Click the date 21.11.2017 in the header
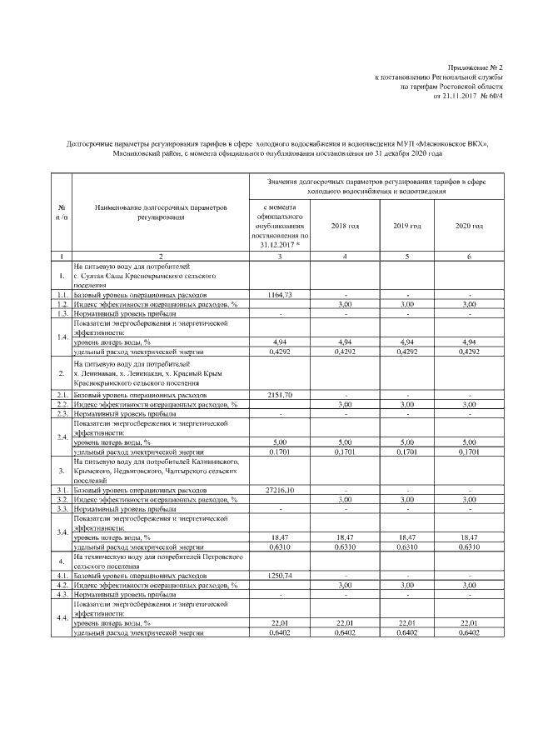click(x=454, y=96)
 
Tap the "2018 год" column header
click(x=344, y=226)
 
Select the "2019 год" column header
click(x=407, y=226)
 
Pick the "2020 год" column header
click(x=470, y=226)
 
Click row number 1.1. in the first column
click(x=62, y=295)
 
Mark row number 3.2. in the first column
click(x=62, y=499)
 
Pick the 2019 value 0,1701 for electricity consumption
click(x=407, y=452)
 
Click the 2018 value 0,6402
click(x=344, y=632)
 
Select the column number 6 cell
click(x=470, y=256)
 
